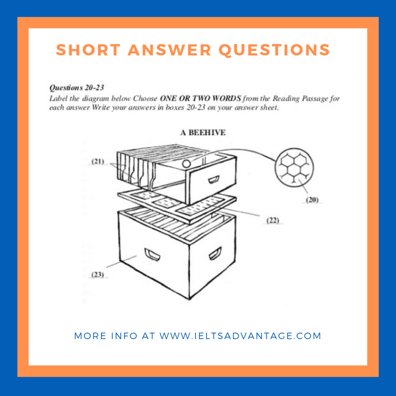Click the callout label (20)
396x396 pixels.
pos(312,200)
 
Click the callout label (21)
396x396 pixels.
pos(98,161)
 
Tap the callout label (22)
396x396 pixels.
pos(273,220)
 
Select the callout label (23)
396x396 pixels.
pos(98,275)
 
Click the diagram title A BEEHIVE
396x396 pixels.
pos(203,133)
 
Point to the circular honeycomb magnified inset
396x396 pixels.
pos(294,167)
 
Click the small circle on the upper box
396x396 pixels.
pos(187,164)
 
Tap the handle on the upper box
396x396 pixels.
pos(214,179)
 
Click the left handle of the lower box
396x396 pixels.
pos(152,255)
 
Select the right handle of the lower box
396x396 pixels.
pos(215,253)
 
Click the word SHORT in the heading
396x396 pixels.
pos(88,50)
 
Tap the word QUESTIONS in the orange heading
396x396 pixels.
pos(274,50)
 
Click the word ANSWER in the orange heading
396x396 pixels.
pos(169,50)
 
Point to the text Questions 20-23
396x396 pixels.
pos(77,88)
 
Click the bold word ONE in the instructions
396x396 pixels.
pos(168,98)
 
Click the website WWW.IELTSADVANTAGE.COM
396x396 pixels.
pos(240,336)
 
